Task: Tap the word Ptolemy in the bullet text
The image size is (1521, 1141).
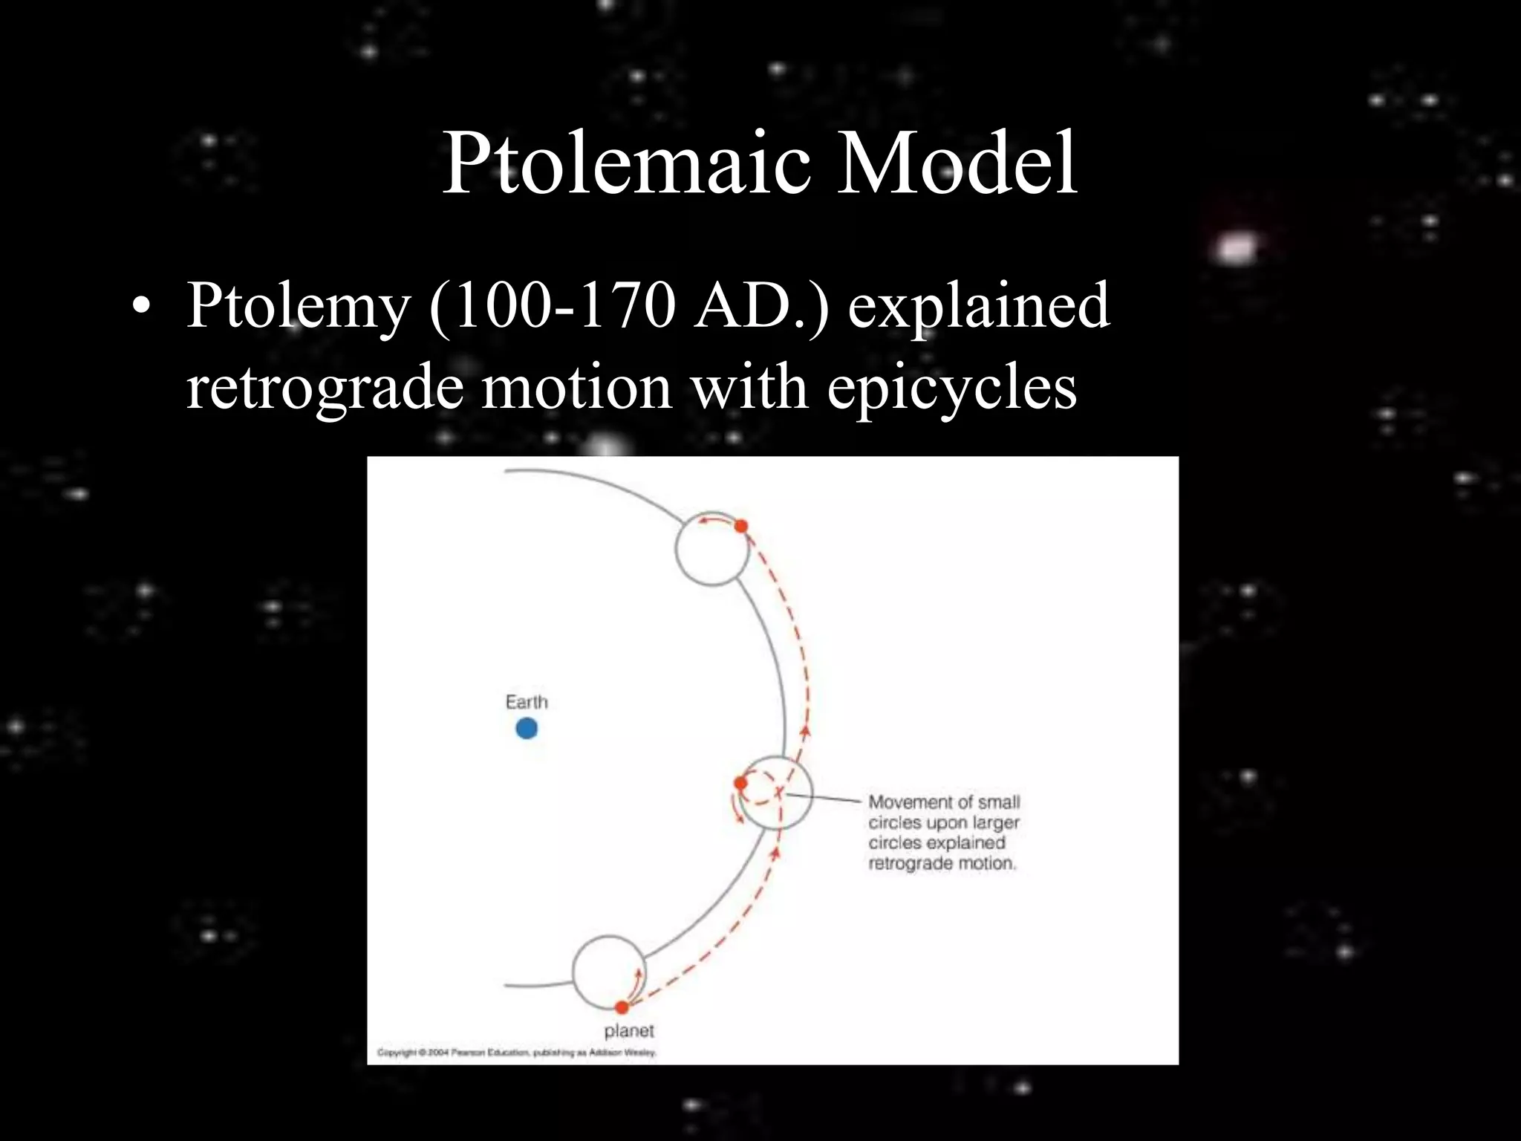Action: (x=297, y=305)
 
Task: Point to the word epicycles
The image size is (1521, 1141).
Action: (x=951, y=388)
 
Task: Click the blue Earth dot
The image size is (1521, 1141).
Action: (x=526, y=729)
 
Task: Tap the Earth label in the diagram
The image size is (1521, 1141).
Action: (x=526, y=702)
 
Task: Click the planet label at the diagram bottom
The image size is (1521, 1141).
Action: (x=629, y=1031)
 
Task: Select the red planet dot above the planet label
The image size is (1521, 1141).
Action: (x=622, y=1007)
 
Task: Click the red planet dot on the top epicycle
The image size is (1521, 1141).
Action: (x=740, y=526)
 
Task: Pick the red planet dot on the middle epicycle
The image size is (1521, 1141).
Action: (x=740, y=783)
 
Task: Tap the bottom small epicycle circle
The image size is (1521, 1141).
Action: (x=608, y=971)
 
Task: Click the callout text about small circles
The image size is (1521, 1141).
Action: (x=943, y=833)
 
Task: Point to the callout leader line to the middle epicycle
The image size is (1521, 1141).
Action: (x=824, y=798)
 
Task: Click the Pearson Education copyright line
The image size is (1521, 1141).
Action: (x=516, y=1052)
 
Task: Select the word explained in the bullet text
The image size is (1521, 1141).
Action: (x=978, y=305)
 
